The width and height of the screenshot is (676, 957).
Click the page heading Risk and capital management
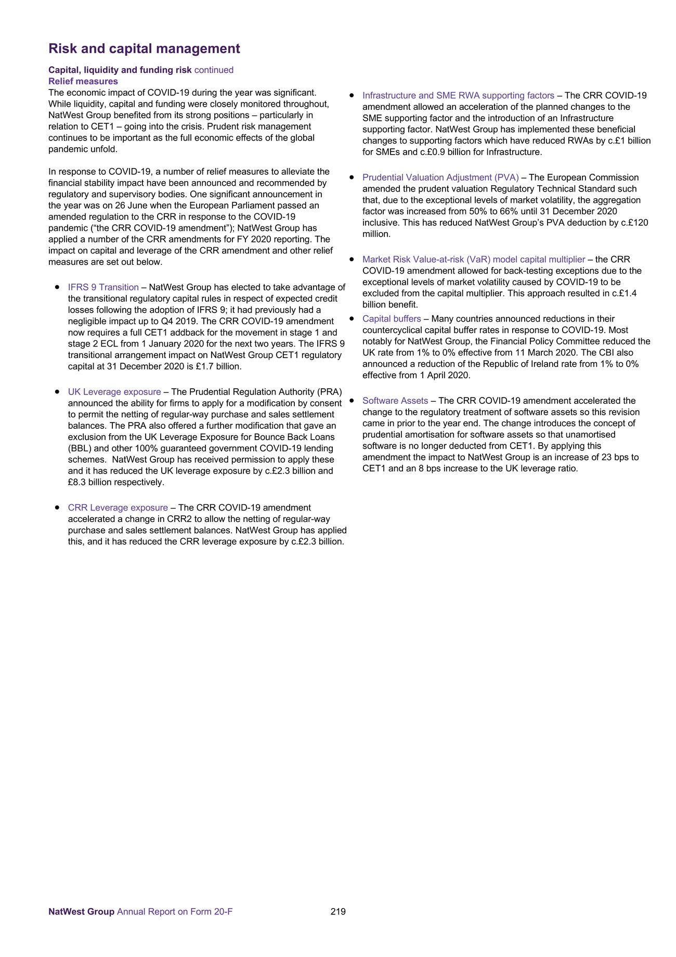144,48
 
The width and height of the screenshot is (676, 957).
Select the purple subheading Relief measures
83,81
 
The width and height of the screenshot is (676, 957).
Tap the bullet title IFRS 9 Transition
103,287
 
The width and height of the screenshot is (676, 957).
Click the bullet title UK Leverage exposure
114,392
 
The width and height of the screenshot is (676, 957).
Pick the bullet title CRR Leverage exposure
118,507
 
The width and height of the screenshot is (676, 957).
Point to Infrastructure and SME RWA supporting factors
458,96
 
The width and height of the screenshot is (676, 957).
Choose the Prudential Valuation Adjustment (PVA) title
440,177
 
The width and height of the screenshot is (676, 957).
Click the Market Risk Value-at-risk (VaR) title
474,259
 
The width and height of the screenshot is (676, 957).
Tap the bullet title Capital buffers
392,318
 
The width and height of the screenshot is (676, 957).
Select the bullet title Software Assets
395,401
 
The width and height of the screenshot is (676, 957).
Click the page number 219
338,911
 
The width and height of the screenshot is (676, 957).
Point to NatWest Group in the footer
81,911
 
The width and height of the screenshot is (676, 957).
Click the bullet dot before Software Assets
352,401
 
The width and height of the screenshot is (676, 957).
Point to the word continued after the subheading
214,70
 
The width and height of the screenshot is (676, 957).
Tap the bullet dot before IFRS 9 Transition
57,287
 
